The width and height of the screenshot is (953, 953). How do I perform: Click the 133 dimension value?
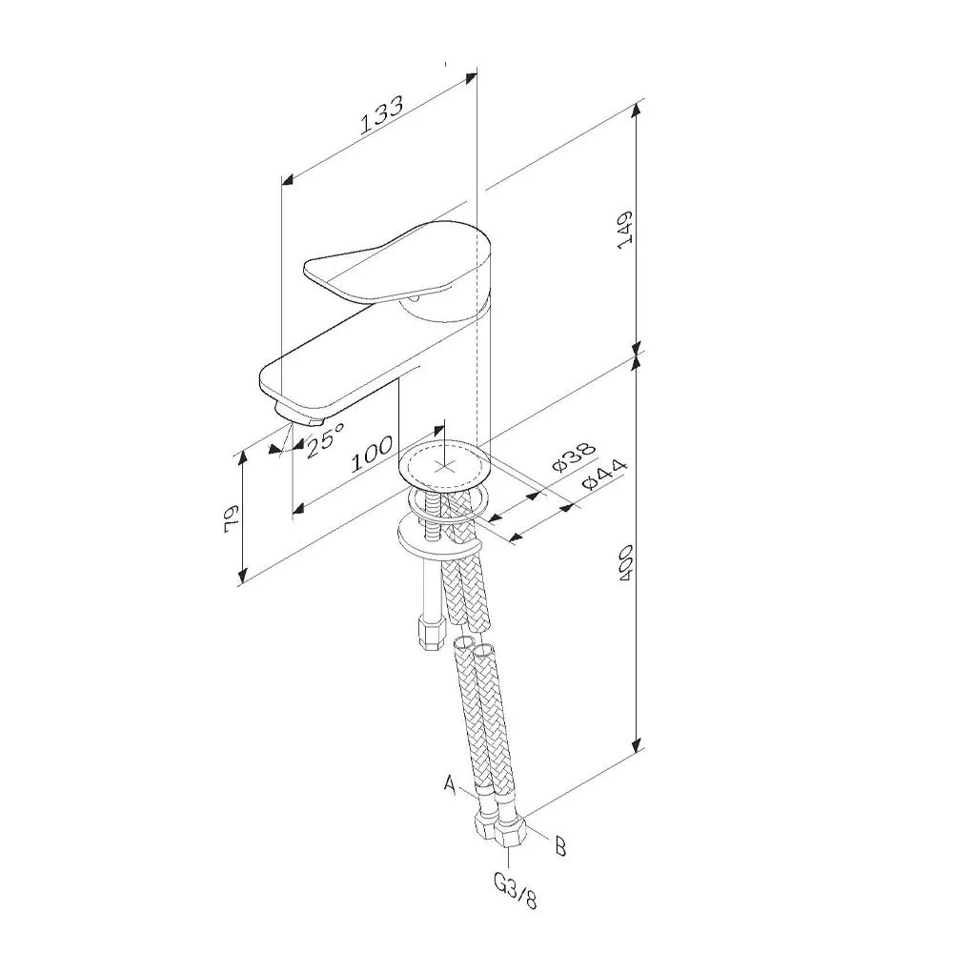pos(382,115)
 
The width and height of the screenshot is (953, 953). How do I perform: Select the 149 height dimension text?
pos(625,229)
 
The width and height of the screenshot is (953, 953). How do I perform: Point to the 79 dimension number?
pos(232,518)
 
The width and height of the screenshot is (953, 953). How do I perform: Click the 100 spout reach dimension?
pos(372,454)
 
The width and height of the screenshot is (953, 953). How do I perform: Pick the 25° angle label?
pos(325,438)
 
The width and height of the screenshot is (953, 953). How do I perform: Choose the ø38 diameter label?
pos(573,456)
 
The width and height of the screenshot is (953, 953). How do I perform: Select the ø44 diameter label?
pos(603,475)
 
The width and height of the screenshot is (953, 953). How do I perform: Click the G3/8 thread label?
pos(516,891)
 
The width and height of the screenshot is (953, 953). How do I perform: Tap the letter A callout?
pos(449,783)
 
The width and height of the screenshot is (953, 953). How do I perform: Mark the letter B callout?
pos(560,846)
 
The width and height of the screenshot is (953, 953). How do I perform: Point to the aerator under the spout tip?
pos(299,414)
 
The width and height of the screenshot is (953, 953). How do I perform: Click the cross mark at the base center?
pos(444,467)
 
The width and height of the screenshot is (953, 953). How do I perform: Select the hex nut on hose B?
pos(511,837)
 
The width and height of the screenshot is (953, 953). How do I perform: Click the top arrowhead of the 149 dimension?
pos(637,110)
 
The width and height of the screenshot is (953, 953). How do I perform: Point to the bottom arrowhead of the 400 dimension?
pos(637,743)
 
